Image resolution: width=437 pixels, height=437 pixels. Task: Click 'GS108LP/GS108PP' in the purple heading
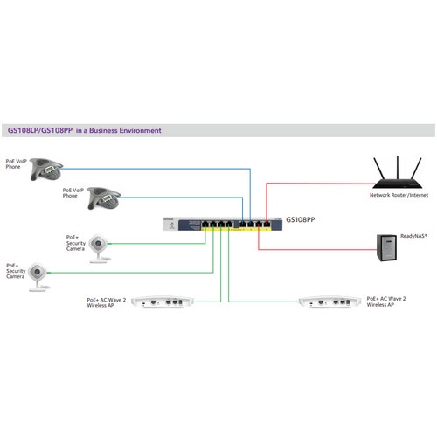click(40, 130)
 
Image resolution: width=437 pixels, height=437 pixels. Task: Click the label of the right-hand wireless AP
click(385, 302)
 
